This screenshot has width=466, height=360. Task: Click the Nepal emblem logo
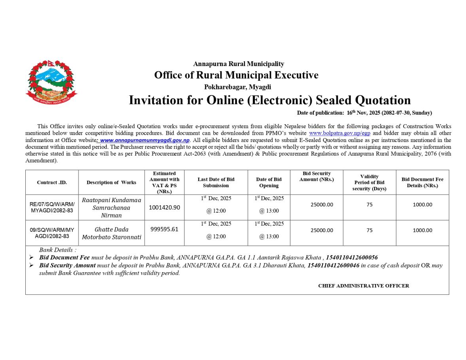(x=51, y=82)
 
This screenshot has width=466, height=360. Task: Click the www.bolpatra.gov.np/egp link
(x=339, y=133)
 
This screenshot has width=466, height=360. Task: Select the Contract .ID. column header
(x=52, y=182)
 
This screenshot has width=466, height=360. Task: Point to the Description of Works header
(x=111, y=182)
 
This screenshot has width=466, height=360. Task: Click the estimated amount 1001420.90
(x=164, y=207)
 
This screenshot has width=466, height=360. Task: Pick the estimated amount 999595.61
(x=164, y=229)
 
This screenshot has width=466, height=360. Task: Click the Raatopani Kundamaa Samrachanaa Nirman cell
(x=111, y=207)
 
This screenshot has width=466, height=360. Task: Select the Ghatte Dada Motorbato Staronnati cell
(x=111, y=233)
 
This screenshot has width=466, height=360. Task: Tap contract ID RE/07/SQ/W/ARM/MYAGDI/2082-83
(x=52, y=207)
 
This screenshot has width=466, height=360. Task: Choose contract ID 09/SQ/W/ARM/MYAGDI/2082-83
(x=52, y=233)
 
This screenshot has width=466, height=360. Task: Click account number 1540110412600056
(x=352, y=258)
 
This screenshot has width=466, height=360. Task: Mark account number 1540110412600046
(x=333, y=265)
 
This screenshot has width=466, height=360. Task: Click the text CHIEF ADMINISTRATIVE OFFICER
(x=364, y=286)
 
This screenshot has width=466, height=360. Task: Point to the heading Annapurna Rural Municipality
(x=239, y=64)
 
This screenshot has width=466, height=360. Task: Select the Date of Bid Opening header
(x=269, y=182)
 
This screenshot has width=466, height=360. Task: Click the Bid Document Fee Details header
(x=422, y=182)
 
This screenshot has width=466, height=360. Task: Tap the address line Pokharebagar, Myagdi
(x=237, y=87)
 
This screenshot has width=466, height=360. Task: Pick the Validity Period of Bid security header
(x=369, y=182)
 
